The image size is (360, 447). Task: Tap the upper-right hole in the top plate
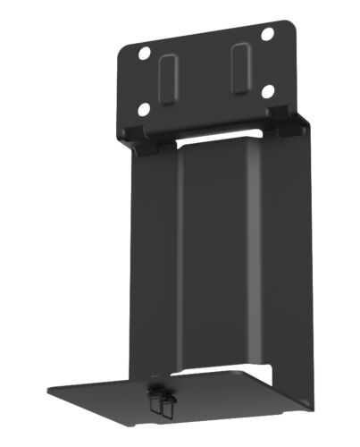267,34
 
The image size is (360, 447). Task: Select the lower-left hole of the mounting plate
143,109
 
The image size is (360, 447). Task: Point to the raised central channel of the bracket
219,259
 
